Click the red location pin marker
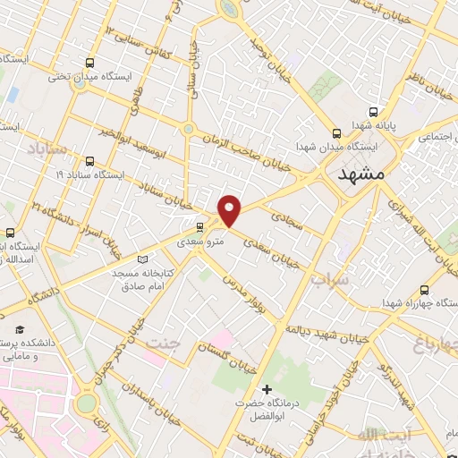tap(230, 210)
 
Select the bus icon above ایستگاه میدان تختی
tap(89, 62)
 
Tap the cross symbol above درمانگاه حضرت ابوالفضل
tap(267, 389)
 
